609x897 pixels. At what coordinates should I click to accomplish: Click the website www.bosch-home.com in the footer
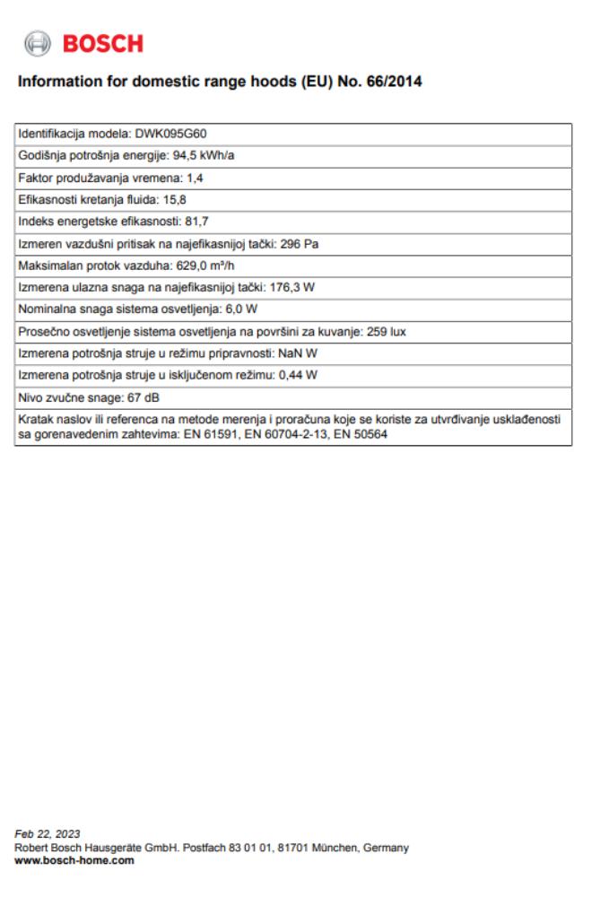pyautogui.click(x=75, y=859)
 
